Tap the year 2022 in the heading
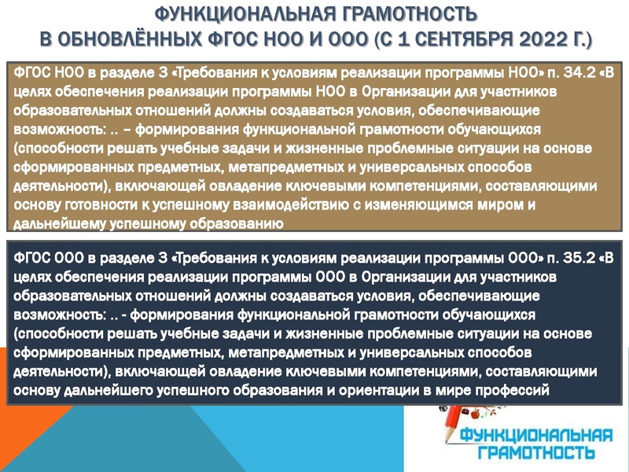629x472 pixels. pos(520,39)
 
